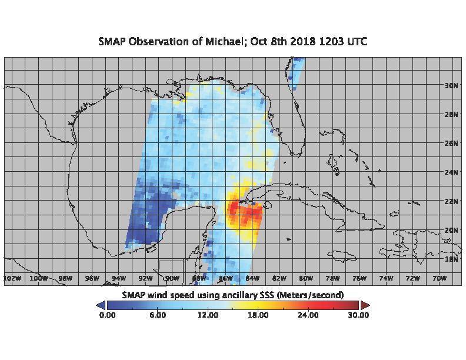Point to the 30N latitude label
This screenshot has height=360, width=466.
pyautogui.click(x=451, y=86)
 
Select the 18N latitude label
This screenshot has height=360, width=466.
pyautogui.click(x=451, y=259)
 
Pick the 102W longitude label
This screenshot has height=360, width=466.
pyautogui.click(x=12, y=278)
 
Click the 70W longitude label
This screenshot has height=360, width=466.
pyautogui.click(x=440, y=278)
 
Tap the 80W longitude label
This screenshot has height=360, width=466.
pyautogui.click(x=306, y=278)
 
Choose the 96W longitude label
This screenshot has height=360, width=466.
pyautogui.click(x=92, y=278)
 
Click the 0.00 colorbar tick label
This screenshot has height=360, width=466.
pyautogui.click(x=107, y=315)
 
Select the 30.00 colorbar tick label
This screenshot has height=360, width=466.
pyautogui.click(x=358, y=315)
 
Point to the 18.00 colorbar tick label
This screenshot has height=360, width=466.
pyautogui.click(x=258, y=315)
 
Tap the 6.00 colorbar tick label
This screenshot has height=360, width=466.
pyautogui.click(x=158, y=315)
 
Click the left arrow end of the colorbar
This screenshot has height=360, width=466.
pyautogui.click(x=101, y=305)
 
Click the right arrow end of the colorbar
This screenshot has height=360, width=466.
pyautogui.click(x=365, y=305)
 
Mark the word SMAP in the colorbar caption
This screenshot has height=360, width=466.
pyautogui.click(x=134, y=295)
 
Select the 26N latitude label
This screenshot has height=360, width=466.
pyautogui.click(x=451, y=144)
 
